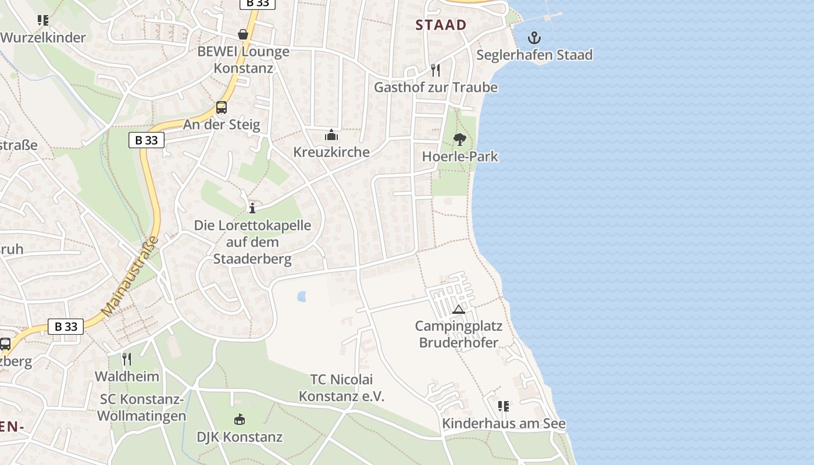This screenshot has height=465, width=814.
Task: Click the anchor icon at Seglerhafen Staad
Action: (x=534, y=39)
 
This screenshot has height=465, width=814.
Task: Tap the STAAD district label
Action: (x=441, y=24)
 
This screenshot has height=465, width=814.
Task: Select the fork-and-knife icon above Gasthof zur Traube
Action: (x=435, y=70)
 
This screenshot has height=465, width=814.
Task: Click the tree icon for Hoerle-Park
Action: (x=460, y=139)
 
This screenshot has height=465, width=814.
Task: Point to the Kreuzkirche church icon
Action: (x=331, y=135)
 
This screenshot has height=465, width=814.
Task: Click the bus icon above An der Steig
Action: (x=222, y=108)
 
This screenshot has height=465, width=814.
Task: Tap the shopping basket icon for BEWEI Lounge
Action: (x=243, y=35)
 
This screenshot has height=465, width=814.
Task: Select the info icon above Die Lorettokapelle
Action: (x=252, y=208)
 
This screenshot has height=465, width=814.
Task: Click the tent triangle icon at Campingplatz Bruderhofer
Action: (x=459, y=309)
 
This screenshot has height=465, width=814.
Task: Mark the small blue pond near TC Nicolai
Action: (x=302, y=297)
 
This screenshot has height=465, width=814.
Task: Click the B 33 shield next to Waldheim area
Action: (x=66, y=327)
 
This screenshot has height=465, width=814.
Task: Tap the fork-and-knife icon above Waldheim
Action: (x=127, y=359)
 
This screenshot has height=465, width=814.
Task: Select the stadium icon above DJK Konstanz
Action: (x=240, y=419)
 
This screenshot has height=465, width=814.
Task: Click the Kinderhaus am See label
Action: (x=504, y=424)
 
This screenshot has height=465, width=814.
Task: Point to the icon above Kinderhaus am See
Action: (x=504, y=406)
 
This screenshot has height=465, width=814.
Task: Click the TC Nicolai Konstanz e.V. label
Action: (x=341, y=388)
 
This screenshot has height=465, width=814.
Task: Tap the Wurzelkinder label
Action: (x=43, y=38)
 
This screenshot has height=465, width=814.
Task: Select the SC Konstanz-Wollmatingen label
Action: (x=142, y=407)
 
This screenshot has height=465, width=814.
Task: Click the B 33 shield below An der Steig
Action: (x=146, y=140)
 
